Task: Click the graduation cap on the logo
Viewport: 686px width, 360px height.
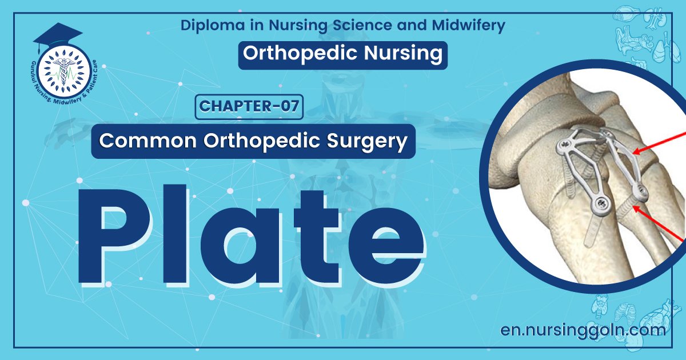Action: click(x=58, y=35)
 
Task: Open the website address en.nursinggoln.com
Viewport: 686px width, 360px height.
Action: click(x=583, y=330)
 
